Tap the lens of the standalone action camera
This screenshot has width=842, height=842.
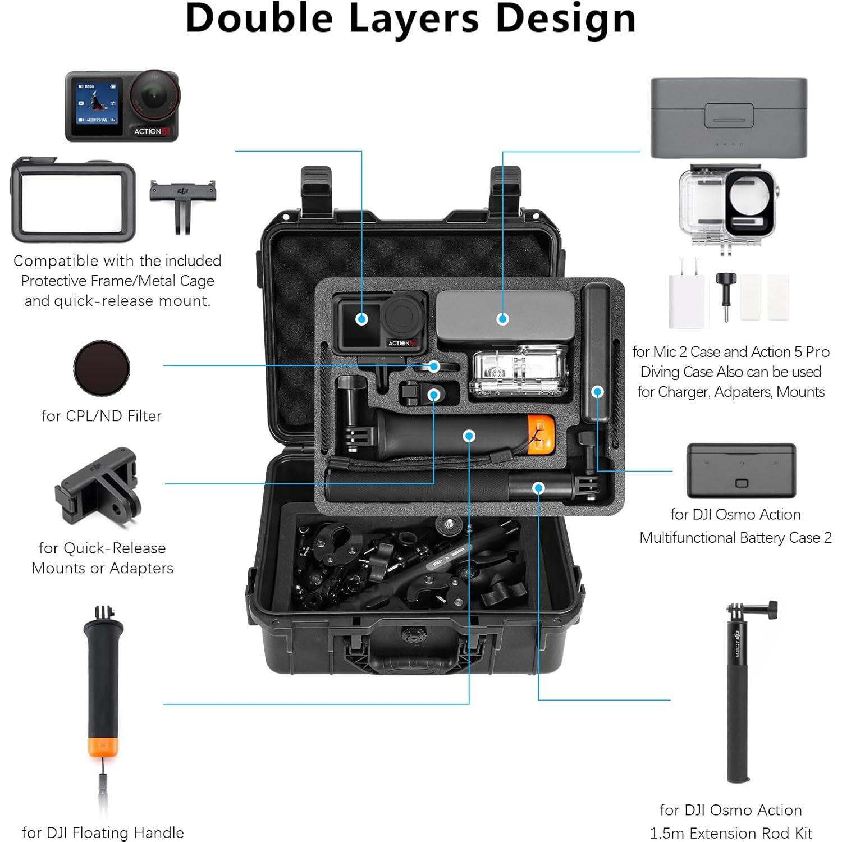(x=154, y=97)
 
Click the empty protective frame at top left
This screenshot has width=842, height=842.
(x=73, y=199)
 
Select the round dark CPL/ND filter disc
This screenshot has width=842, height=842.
(x=102, y=368)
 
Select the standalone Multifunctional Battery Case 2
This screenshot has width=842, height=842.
(x=741, y=470)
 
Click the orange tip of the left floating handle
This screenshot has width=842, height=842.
(x=103, y=747)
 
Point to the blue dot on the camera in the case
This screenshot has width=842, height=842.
(x=362, y=319)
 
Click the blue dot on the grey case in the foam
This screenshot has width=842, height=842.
(x=502, y=319)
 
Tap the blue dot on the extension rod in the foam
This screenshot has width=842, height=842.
(x=538, y=488)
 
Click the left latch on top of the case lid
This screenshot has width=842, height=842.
(x=316, y=188)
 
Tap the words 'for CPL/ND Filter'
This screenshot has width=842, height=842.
(x=102, y=416)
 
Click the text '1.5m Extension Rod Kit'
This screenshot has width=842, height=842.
(x=731, y=833)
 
